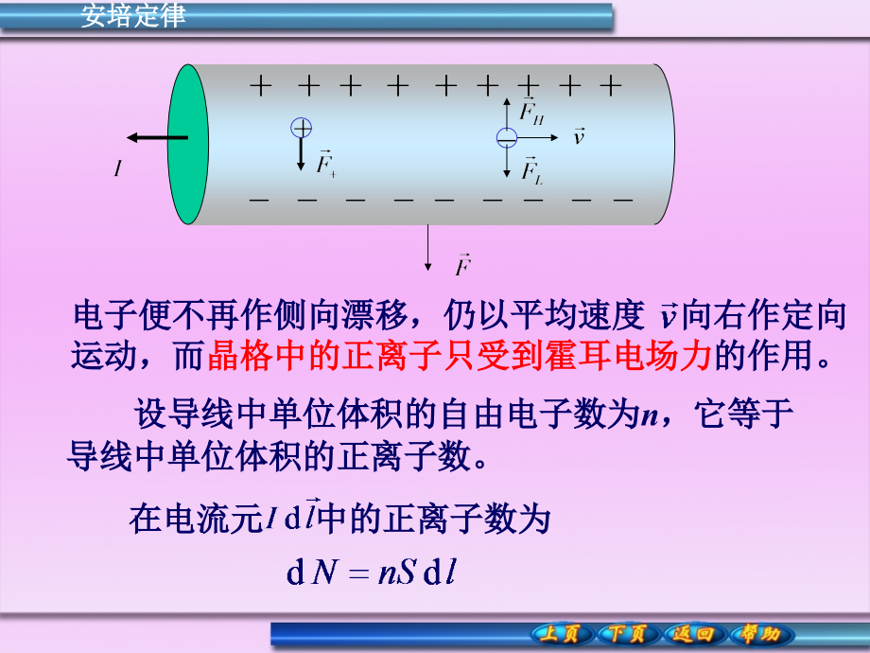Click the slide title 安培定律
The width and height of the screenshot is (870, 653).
coord(133,16)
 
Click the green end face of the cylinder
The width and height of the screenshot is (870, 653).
coord(188,144)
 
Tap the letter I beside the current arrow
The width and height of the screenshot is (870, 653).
coord(118,169)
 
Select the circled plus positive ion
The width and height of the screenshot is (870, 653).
coord(301,128)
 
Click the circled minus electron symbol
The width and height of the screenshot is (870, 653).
coord(507,138)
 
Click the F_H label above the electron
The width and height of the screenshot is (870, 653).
coord(532,111)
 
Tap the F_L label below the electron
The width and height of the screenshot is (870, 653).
coord(532,169)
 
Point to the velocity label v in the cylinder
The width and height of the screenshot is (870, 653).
coord(579,137)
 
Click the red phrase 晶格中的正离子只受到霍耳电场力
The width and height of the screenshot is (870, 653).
coord(458,355)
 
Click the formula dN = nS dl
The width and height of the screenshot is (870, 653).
coord(371,574)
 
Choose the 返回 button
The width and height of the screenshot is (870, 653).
coord(695,633)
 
